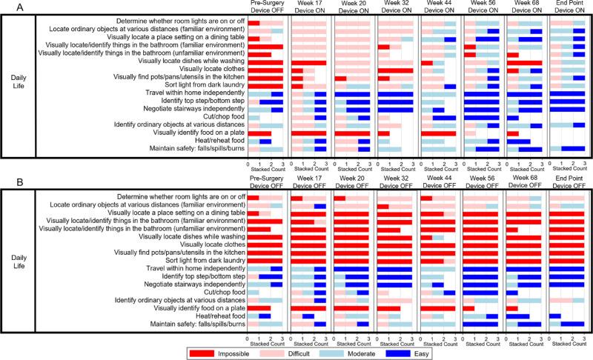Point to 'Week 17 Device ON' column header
[308, 9]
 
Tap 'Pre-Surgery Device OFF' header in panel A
[265, 9]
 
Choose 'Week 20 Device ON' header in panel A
[352, 9]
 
